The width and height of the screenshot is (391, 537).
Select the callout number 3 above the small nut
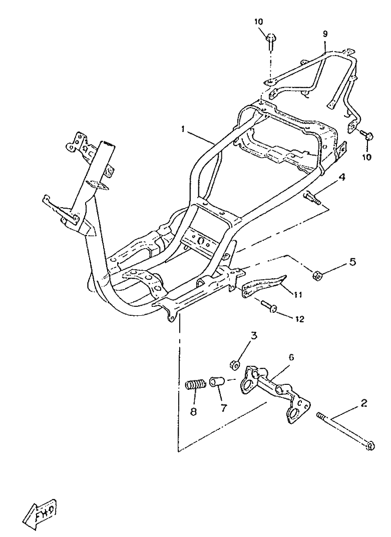tap(254, 336)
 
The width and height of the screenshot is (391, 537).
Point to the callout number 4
tap(341, 177)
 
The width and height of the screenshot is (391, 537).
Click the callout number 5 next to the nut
tap(352, 262)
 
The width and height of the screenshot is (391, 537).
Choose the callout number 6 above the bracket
tap(291, 357)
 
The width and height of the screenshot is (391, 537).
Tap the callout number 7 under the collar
tap(224, 408)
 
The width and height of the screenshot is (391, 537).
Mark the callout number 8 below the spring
tap(194, 412)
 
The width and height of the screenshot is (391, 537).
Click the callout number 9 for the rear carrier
tap(325, 34)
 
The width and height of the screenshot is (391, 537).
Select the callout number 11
tap(298, 294)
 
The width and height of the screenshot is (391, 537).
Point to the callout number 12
tap(299, 319)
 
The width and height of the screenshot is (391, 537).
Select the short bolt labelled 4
tap(312, 198)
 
